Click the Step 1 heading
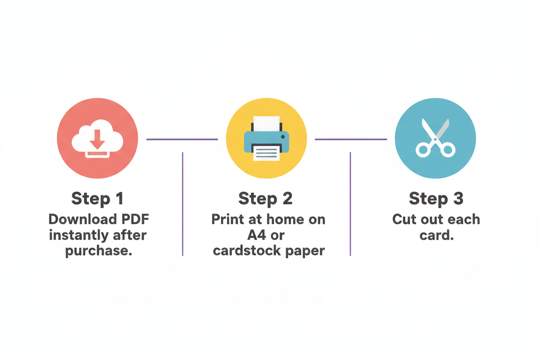click(x=98, y=199)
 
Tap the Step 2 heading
click(x=266, y=199)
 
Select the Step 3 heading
click(x=436, y=199)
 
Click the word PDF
click(x=135, y=219)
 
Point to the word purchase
click(x=99, y=251)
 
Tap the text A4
click(x=257, y=235)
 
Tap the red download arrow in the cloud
click(x=97, y=140)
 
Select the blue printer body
click(x=267, y=142)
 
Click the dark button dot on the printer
click(x=283, y=137)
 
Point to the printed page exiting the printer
click(x=267, y=153)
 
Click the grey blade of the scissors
click(x=442, y=129)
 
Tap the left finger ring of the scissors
click(x=423, y=150)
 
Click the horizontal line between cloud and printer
click(x=182, y=139)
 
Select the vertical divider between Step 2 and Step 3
click(x=350, y=204)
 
